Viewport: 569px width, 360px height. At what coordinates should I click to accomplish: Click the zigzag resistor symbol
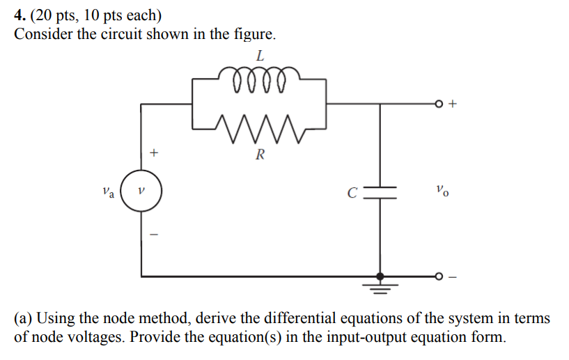coord(259,125)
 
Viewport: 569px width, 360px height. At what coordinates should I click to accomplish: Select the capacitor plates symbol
coord(380,192)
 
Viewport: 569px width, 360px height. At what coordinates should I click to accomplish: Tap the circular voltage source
coord(141,189)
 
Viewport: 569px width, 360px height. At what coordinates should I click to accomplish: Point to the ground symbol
coord(380,285)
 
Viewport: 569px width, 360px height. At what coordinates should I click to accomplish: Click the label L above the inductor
coord(260,55)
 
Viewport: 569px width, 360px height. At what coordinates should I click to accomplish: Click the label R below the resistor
coord(260,155)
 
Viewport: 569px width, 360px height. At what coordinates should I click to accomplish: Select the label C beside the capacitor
coord(354,191)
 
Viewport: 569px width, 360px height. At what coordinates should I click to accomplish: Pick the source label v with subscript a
coord(108,190)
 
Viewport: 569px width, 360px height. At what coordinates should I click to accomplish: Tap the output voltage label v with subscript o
coord(440,189)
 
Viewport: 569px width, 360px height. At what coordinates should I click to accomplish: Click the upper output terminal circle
coord(439,104)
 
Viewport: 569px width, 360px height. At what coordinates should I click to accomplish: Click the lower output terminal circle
coord(439,276)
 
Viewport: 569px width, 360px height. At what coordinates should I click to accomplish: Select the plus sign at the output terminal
coord(453,104)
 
